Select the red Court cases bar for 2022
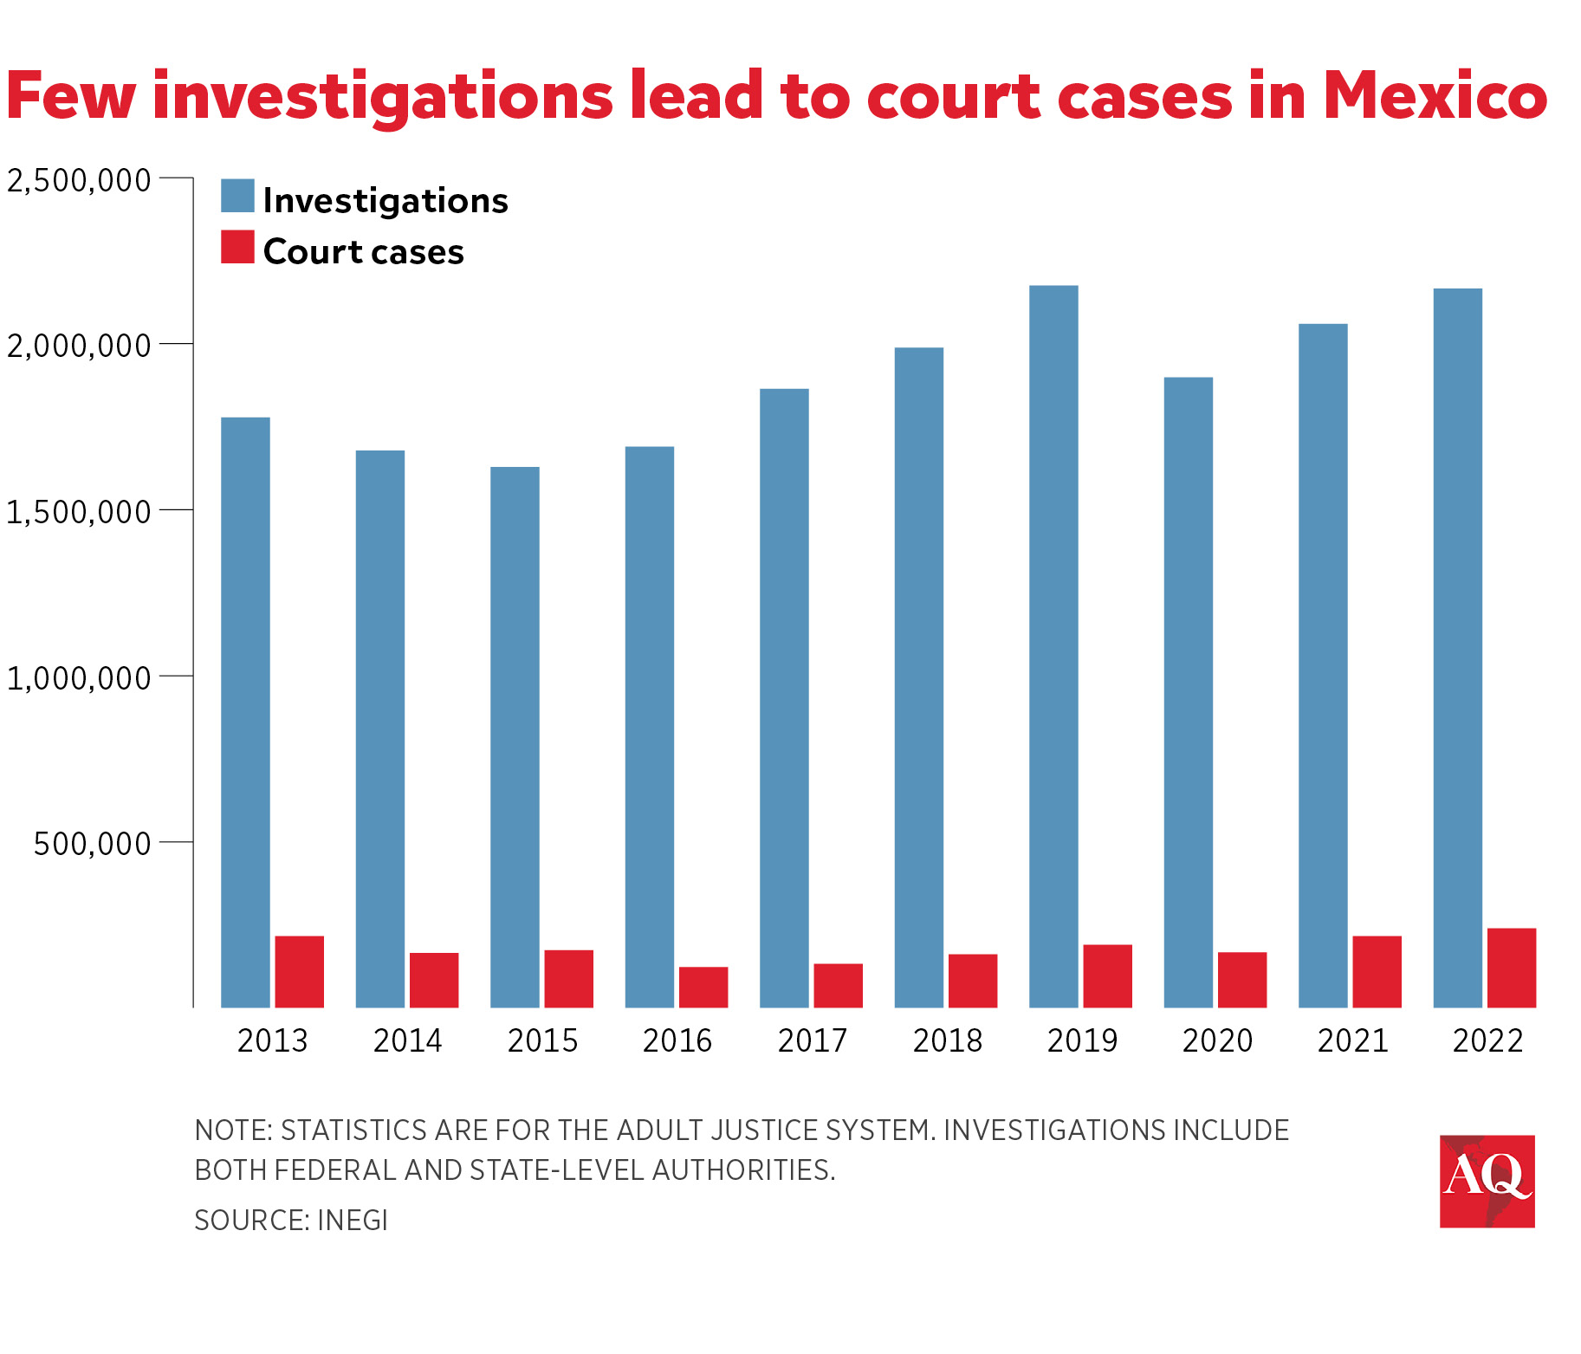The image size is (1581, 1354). click(x=1511, y=968)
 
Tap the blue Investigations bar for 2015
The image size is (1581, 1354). click(x=515, y=737)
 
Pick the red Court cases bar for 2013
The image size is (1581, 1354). click(x=299, y=972)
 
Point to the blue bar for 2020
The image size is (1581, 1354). click(x=1188, y=692)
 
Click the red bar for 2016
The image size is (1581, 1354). click(x=703, y=987)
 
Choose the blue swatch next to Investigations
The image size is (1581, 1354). click(x=237, y=196)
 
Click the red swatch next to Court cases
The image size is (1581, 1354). click(x=237, y=247)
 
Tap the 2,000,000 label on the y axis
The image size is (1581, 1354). click(x=79, y=346)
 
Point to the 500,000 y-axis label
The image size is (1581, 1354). click(x=92, y=843)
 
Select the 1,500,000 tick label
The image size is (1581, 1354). click(x=79, y=512)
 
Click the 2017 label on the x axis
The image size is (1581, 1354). click(x=812, y=1040)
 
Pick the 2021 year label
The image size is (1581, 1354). click(x=1352, y=1040)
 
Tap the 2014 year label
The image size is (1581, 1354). click(x=407, y=1040)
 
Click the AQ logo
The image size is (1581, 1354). click(x=1487, y=1181)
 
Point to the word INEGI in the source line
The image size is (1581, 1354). click(x=353, y=1220)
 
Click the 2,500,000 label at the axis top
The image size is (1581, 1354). click(x=79, y=180)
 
